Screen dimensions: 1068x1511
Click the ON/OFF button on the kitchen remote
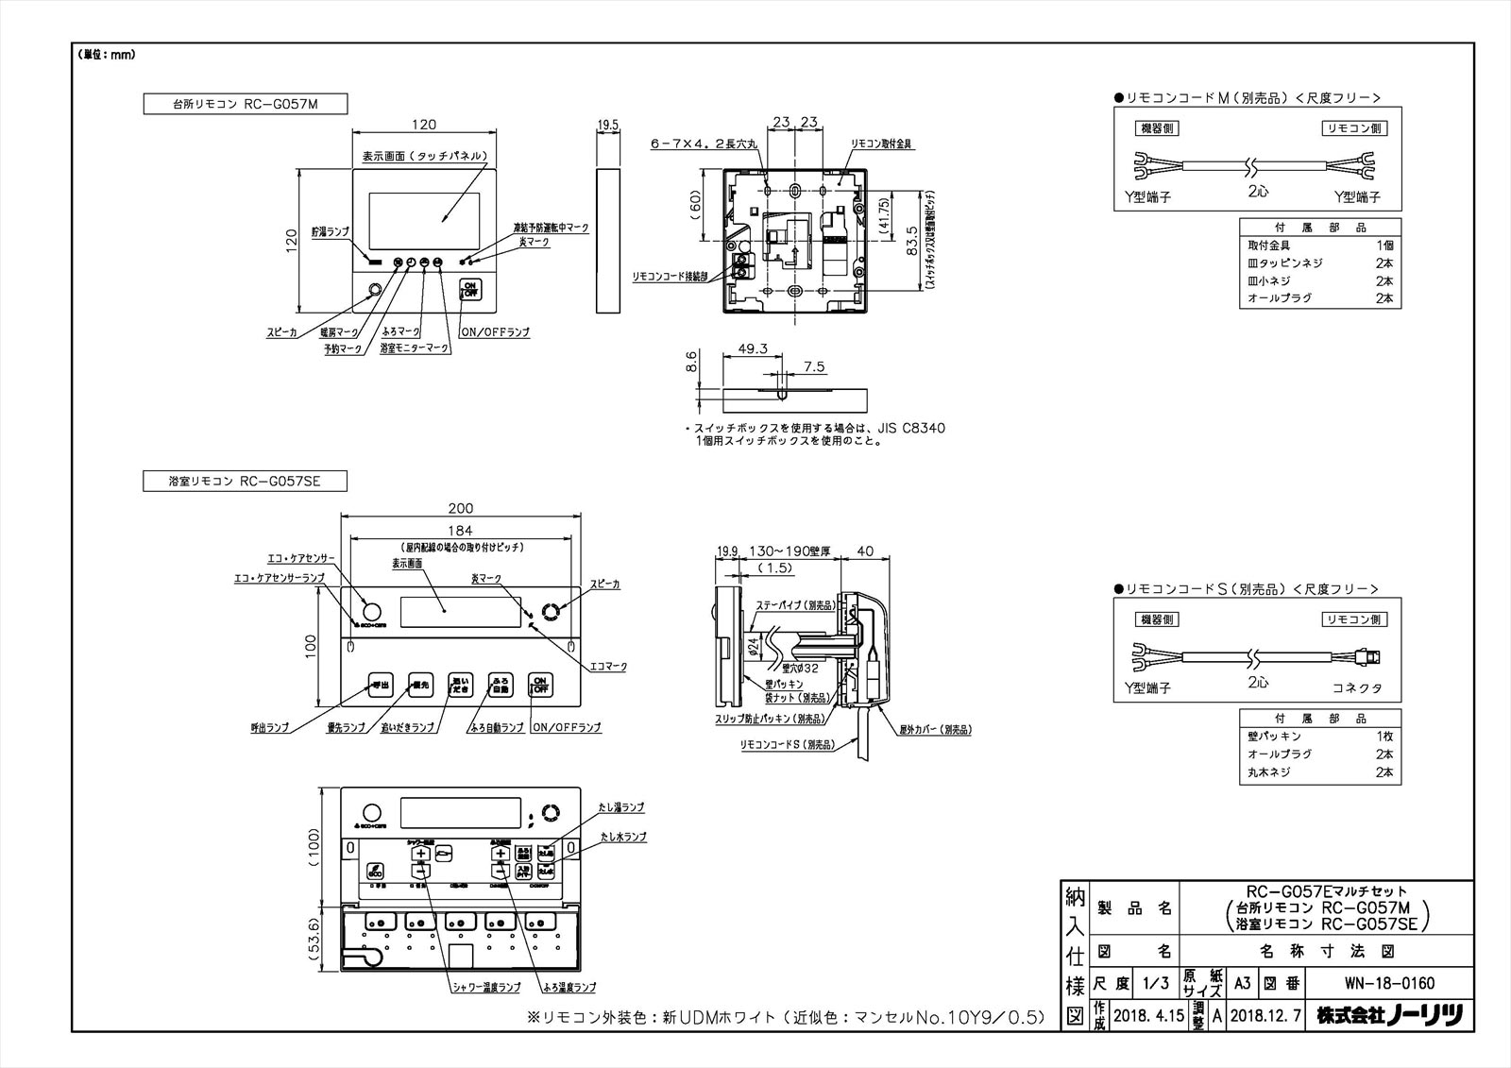coord(469,290)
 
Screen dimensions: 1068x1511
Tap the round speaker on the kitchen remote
coord(375,290)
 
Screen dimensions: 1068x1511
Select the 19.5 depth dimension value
coord(608,124)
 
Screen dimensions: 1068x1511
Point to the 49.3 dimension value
coord(751,348)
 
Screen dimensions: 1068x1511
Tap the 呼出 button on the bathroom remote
coord(379,686)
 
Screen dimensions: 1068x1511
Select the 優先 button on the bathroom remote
coord(420,686)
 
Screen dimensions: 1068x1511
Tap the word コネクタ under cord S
coord(1357,688)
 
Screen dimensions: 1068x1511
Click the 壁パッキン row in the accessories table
coord(1275,737)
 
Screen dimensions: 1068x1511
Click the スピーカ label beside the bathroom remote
coord(605,585)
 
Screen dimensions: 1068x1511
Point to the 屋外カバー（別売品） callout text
coord(934,729)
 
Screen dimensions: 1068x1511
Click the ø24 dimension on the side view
coord(752,648)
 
